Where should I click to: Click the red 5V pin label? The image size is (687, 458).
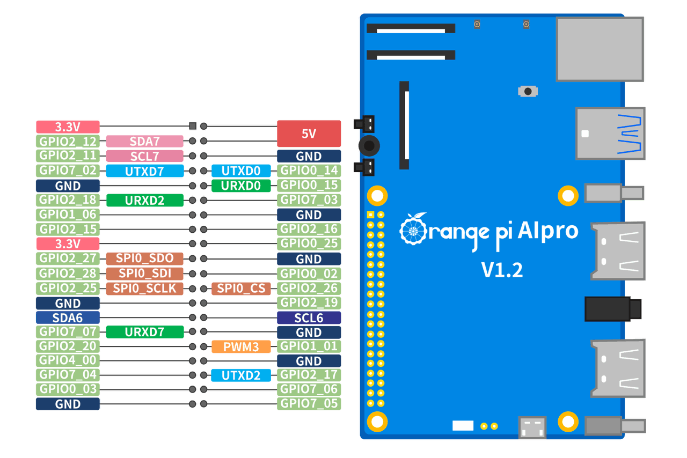pyautogui.click(x=309, y=134)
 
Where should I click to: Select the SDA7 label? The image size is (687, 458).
pyautogui.click(x=144, y=142)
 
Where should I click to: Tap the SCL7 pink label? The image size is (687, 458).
pyautogui.click(x=144, y=156)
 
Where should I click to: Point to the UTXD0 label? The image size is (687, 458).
pyautogui.click(x=241, y=171)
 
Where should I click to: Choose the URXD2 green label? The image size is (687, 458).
pyautogui.click(x=144, y=201)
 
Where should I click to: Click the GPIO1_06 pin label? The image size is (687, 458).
pyautogui.click(x=68, y=215)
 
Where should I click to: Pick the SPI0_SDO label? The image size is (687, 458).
pyautogui.click(x=144, y=258)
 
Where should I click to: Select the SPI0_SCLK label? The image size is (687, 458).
pyautogui.click(x=144, y=288)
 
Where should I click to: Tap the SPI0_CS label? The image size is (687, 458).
pyautogui.click(x=241, y=288)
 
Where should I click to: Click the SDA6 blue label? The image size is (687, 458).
pyautogui.click(x=68, y=317)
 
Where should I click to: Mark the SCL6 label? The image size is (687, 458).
pyautogui.click(x=309, y=317)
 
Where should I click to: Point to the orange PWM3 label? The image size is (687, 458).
pyautogui.click(x=241, y=346)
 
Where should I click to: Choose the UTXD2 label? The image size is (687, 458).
pyautogui.click(x=241, y=375)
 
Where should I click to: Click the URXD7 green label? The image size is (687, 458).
pyautogui.click(x=144, y=332)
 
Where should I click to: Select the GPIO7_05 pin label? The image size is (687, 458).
pyautogui.click(x=309, y=404)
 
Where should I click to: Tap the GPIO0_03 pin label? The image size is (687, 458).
pyautogui.click(x=68, y=389)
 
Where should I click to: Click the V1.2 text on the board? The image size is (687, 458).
pyautogui.click(x=502, y=270)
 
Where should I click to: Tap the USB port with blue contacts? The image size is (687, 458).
pyautogui.click(x=611, y=133)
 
